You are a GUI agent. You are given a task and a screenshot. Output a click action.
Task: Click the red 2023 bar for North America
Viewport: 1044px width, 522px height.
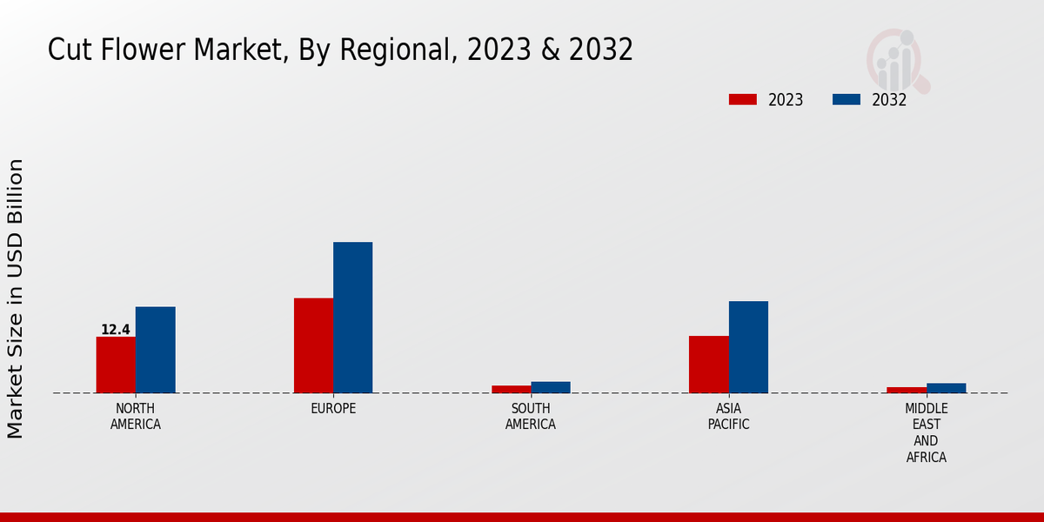coord(116,365)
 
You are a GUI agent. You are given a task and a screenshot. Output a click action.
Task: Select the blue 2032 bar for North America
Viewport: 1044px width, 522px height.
coord(155,350)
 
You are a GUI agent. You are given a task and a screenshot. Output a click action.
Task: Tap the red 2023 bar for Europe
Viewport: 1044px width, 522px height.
coord(313,345)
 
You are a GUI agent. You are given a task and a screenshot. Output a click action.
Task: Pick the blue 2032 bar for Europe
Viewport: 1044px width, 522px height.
coord(352,318)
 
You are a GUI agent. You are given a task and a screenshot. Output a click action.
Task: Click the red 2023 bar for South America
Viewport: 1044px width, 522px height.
coord(511,389)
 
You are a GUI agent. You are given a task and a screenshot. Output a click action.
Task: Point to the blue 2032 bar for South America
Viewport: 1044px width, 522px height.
coord(551,387)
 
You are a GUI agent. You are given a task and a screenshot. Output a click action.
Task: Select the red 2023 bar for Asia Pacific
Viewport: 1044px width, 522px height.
coord(708,365)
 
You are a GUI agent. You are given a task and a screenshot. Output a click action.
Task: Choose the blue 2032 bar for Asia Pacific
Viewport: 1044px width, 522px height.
coord(748,347)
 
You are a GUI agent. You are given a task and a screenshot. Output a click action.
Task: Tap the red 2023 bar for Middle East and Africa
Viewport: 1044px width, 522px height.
coord(907,390)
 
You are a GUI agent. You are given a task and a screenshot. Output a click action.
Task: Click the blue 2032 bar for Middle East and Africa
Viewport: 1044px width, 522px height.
coord(946,388)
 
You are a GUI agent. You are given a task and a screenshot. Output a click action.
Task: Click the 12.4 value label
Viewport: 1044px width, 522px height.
coord(116,330)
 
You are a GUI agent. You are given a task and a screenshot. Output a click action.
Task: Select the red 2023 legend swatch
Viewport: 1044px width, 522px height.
coord(743,99)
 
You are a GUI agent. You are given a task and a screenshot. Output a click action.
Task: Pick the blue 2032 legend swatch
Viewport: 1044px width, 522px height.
coord(847,99)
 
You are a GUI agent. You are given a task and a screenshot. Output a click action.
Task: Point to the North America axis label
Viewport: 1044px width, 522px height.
coord(136,417)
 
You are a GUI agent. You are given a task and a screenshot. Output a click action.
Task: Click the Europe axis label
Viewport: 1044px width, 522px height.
coord(333,409)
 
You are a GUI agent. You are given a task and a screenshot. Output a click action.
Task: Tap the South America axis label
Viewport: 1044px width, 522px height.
coord(531,417)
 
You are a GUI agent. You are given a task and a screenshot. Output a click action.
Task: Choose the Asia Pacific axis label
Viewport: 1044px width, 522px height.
coord(728,417)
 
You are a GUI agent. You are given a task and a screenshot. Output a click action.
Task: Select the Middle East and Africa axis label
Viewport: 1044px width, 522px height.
coord(927,432)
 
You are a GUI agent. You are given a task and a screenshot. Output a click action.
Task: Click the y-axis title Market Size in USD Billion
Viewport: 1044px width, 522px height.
coord(16,298)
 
